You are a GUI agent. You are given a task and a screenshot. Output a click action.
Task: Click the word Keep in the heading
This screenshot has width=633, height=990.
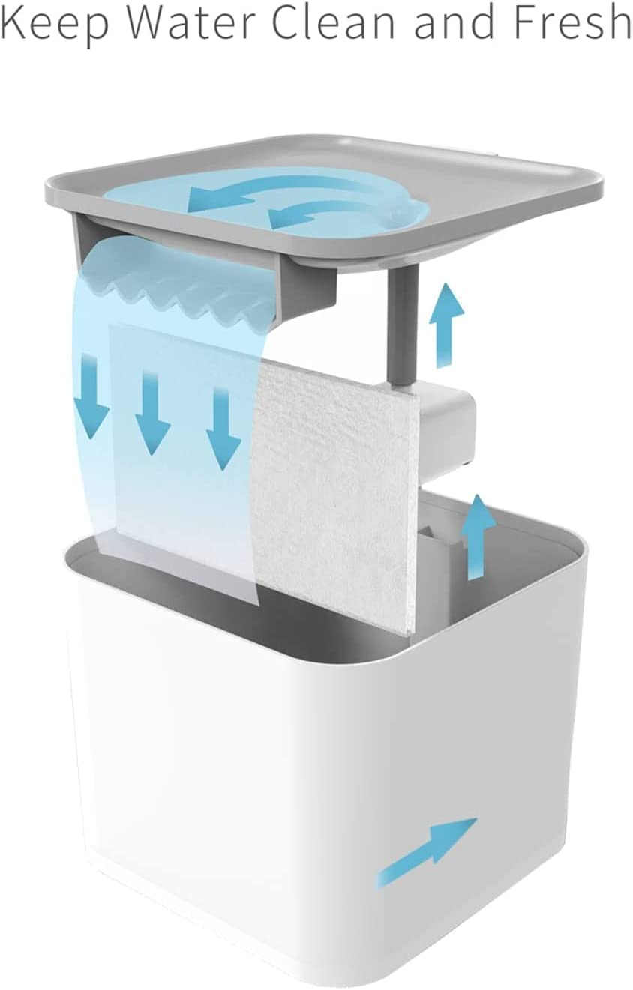pos(54,22)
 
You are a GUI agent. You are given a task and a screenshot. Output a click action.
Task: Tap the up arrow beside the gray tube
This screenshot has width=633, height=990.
pos(446,325)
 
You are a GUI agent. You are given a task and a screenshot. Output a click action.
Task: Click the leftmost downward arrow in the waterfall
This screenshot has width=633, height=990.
pos(91,395)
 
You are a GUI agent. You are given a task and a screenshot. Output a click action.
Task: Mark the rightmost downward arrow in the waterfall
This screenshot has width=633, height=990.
pos(223,427)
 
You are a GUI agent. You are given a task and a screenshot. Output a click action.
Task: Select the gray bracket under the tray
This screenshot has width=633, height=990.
pos(208,265)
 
